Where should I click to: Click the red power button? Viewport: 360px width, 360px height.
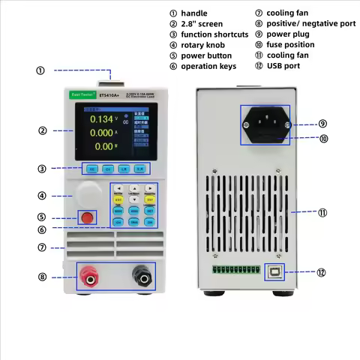point(88,217)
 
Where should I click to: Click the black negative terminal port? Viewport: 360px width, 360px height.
point(139,277)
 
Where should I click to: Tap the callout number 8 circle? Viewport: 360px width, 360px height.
point(42,277)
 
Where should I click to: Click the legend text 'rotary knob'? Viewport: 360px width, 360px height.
point(203,45)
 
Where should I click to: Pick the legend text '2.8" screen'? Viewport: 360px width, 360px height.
point(202,24)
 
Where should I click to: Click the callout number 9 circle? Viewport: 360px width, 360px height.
point(322,124)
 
